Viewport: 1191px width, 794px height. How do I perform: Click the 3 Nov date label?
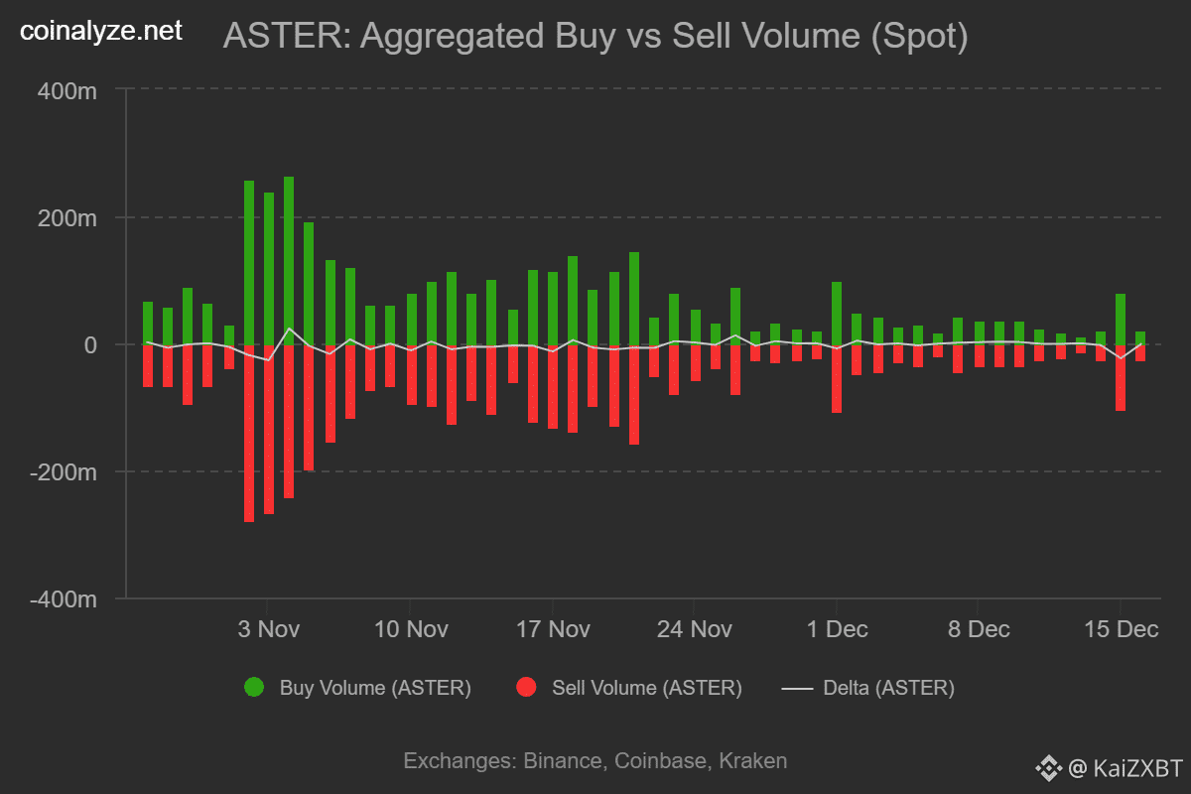(x=268, y=629)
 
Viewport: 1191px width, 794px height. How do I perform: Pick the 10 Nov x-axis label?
(x=411, y=629)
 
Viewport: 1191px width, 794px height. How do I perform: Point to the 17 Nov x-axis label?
(x=553, y=629)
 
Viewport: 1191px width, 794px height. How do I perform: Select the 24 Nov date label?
(x=695, y=629)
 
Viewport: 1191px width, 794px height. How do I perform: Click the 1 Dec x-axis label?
(x=837, y=629)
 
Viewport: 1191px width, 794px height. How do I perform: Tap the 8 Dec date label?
(x=979, y=629)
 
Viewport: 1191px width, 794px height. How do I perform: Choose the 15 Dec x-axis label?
(x=1122, y=629)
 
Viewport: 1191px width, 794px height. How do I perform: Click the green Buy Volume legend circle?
(x=254, y=688)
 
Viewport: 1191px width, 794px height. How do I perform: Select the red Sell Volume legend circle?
(x=526, y=688)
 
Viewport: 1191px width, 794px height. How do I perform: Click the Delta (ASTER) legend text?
(x=888, y=688)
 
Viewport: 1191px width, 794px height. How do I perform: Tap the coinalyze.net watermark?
(x=101, y=31)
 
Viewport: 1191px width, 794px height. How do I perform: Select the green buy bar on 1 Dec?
(x=837, y=313)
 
